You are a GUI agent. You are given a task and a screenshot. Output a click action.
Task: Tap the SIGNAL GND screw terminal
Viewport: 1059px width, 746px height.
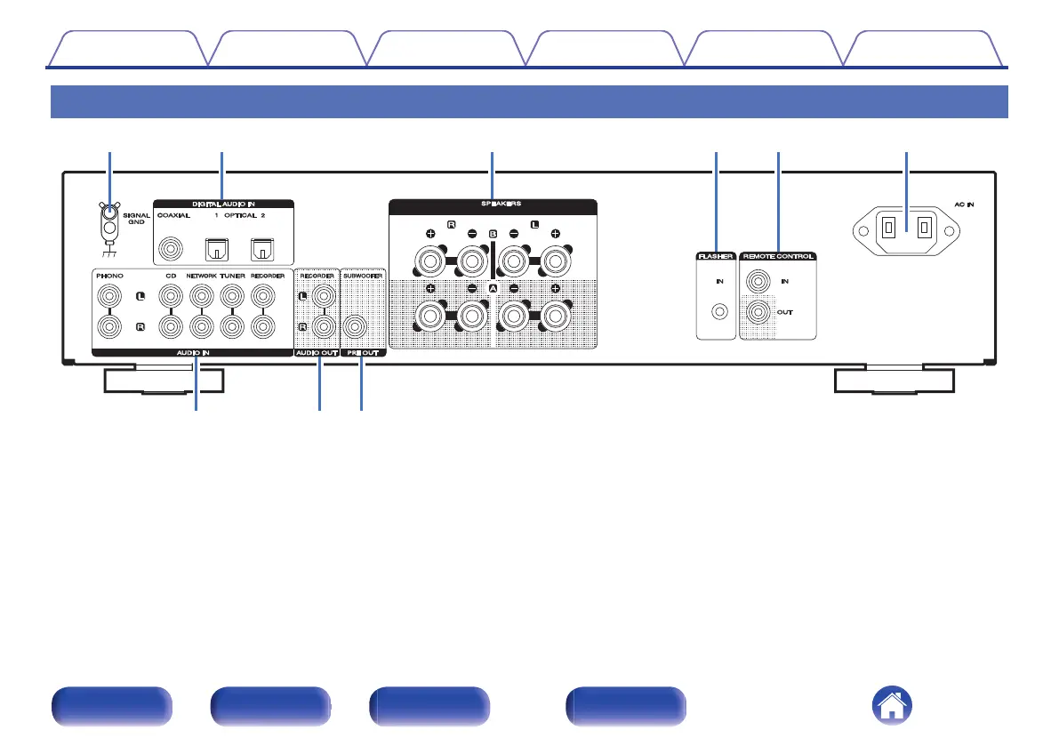pos(108,213)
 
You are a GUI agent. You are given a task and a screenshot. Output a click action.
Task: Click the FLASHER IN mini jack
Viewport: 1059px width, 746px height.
pos(718,312)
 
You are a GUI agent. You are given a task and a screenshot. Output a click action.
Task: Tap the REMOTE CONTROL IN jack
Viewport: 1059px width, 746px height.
pos(758,281)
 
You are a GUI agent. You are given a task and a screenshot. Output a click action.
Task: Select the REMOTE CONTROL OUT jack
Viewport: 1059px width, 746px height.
pos(758,312)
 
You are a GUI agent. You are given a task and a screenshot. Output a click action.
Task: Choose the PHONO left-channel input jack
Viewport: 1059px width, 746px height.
pos(109,295)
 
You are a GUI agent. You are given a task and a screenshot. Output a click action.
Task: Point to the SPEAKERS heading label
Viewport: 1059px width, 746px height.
pos(493,204)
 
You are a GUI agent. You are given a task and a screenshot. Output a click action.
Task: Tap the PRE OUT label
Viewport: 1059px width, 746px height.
pos(362,353)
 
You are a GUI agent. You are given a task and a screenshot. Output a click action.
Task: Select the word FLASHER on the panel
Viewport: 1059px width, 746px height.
pos(716,256)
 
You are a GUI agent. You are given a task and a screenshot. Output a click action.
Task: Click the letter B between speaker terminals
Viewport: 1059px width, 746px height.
pos(493,234)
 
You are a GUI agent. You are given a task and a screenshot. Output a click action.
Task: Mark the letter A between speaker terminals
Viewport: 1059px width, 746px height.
pos(493,290)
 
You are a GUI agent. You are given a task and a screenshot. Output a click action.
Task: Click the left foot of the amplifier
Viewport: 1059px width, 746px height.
pos(163,381)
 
